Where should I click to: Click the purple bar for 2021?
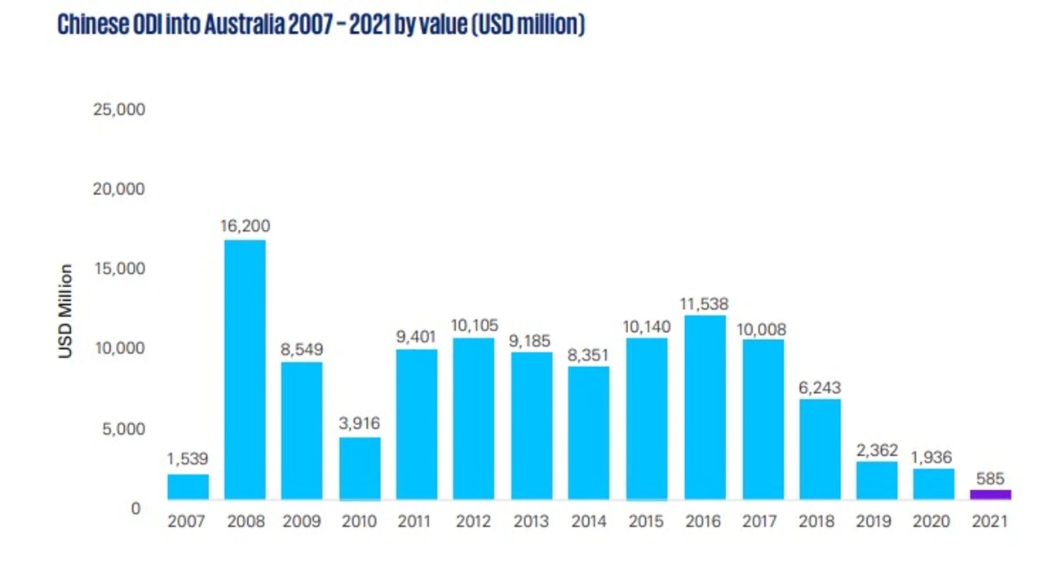click(990, 494)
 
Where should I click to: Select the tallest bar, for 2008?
click(245, 369)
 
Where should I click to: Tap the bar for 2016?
click(705, 407)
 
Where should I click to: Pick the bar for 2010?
click(360, 468)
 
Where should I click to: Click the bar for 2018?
click(820, 449)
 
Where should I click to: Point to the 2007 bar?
click(188, 486)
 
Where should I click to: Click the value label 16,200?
click(245, 226)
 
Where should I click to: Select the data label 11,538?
click(705, 304)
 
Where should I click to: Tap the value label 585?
click(990, 479)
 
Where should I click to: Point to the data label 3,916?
click(360, 423)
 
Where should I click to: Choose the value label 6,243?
click(820, 387)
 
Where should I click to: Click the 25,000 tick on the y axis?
click(120, 109)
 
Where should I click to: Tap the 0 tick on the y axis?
click(135, 508)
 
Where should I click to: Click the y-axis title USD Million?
click(66, 311)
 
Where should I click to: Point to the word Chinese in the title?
click(92, 25)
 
